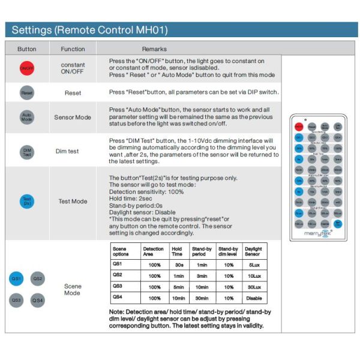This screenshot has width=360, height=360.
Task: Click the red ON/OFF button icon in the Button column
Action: [x=27, y=68]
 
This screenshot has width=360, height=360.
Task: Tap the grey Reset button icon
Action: [x=27, y=94]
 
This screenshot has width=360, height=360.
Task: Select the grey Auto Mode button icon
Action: [x=27, y=118]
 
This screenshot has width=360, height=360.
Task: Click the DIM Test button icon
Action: [x=27, y=151]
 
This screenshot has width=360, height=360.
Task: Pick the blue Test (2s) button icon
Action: [x=27, y=201]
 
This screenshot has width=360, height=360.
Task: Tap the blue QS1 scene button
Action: [x=17, y=278]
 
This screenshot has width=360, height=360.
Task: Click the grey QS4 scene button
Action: [x=37, y=299]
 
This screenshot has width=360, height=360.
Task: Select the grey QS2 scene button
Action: [x=37, y=278]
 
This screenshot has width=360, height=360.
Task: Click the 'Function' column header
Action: [x=73, y=49]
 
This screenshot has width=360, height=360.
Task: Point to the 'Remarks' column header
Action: [x=154, y=49]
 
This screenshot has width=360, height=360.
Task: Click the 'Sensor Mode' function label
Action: [x=73, y=118]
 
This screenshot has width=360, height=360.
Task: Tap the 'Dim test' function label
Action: [x=73, y=151]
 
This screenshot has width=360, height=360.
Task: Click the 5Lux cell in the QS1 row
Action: [x=253, y=264]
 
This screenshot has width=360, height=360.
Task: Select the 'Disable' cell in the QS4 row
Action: [x=253, y=298]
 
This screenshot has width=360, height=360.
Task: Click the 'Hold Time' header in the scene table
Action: [x=177, y=251]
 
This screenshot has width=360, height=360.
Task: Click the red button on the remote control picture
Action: [x=299, y=127]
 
